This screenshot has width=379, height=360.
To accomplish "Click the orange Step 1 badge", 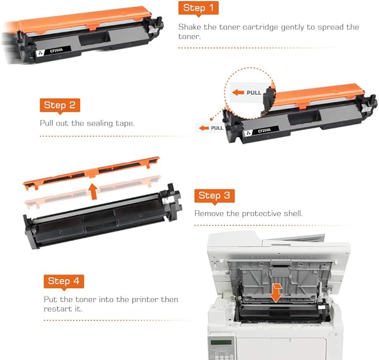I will [x=198, y=8].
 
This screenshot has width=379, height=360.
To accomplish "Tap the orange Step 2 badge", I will [x=59, y=105].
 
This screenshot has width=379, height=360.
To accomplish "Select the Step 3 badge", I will [x=214, y=195].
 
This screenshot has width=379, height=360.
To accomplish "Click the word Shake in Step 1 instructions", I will [x=191, y=27].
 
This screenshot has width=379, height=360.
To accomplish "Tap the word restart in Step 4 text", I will [x=57, y=309].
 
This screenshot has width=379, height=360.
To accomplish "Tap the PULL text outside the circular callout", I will [x=217, y=128].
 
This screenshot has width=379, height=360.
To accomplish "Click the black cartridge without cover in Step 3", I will [x=100, y=220].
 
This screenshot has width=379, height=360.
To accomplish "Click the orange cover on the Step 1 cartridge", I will [x=84, y=20].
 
